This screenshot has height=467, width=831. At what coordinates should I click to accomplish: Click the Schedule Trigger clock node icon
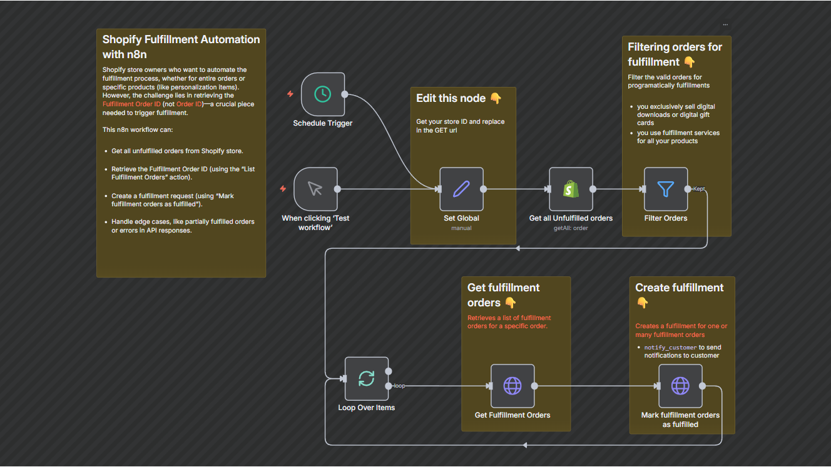click(x=322, y=94)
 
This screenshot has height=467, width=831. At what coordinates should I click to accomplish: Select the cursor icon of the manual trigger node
click(x=315, y=189)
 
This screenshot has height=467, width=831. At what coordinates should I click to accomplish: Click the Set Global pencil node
click(x=461, y=189)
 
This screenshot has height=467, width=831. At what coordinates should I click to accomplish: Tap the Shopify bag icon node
click(x=571, y=189)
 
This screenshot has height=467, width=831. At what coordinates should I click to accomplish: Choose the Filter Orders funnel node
click(x=666, y=189)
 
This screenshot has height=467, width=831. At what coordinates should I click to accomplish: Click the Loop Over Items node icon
click(x=366, y=378)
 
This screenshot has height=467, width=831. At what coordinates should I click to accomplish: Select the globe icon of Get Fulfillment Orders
click(x=512, y=386)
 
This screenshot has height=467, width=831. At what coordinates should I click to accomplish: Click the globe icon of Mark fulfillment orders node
click(x=680, y=386)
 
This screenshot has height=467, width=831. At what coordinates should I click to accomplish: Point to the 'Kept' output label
click(x=699, y=189)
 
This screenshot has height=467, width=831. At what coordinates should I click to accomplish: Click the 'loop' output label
click(x=399, y=386)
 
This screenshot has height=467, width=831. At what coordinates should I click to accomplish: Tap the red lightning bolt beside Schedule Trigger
click(x=290, y=94)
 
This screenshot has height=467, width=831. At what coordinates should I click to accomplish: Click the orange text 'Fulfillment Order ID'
click(x=131, y=104)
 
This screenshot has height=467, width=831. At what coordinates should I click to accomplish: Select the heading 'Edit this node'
click(x=451, y=98)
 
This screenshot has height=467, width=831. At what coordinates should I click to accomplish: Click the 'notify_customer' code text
click(x=670, y=348)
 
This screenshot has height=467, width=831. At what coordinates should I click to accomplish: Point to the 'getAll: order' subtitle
click(x=571, y=228)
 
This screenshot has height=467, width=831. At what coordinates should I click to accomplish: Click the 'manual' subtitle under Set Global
click(x=461, y=228)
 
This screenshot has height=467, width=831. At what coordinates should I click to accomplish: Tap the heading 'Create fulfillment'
click(x=679, y=288)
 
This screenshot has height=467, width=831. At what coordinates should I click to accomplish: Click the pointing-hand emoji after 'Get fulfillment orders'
click(x=510, y=303)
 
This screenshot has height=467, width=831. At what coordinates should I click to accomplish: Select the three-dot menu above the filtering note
click(x=725, y=24)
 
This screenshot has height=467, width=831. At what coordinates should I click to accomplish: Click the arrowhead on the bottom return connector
click(x=524, y=445)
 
